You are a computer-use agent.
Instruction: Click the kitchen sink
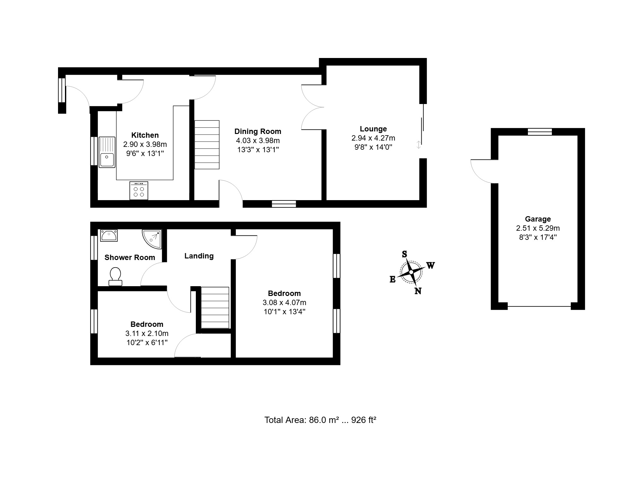click(107, 152)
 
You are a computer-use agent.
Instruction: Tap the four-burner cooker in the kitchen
click(139, 190)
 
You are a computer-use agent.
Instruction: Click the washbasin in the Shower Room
click(109, 235)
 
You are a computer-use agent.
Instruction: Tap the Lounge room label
click(373, 129)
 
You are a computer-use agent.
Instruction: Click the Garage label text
click(538, 219)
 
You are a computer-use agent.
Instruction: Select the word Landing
click(199, 256)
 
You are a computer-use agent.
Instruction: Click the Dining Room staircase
click(207, 145)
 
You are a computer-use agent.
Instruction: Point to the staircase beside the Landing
click(215, 308)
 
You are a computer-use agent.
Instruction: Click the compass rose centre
click(411, 272)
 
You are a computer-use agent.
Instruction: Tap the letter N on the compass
click(418, 291)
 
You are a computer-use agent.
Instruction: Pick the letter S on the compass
click(404, 254)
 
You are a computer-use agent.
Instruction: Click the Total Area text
click(320, 420)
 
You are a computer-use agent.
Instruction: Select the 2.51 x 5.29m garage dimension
click(538, 228)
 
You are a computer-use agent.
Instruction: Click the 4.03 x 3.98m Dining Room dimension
click(258, 141)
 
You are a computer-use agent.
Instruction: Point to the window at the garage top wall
click(540, 132)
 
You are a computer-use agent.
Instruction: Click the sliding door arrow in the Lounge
click(418, 145)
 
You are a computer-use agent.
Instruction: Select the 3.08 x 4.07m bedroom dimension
click(284, 303)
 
